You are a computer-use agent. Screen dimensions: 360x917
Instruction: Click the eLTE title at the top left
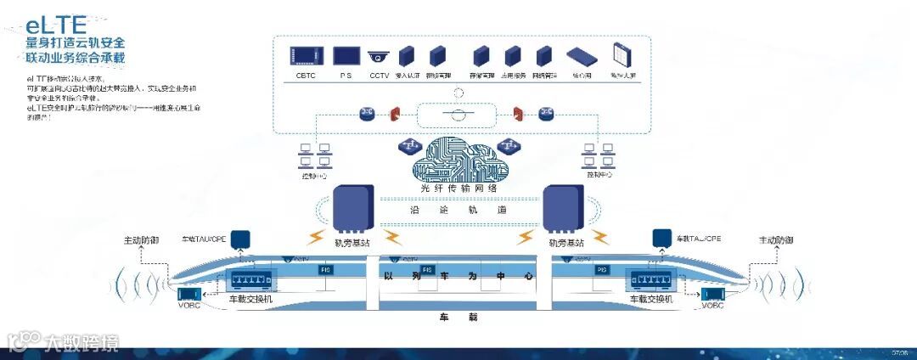coord(59,25)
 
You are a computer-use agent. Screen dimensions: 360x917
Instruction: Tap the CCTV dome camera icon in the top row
coord(379,58)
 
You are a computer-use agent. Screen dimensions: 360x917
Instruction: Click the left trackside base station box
coord(352,208)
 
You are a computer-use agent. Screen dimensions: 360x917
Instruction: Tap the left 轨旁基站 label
coord(352,244)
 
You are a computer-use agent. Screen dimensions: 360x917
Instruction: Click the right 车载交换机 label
coord(651,300)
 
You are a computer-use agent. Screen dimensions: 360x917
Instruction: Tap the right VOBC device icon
coord(712,295)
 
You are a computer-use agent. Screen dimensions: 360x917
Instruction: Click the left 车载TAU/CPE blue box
coord(240,239)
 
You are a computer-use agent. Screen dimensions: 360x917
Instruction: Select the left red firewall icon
coord(395,114)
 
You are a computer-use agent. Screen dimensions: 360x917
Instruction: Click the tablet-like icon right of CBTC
coord(345,56)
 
